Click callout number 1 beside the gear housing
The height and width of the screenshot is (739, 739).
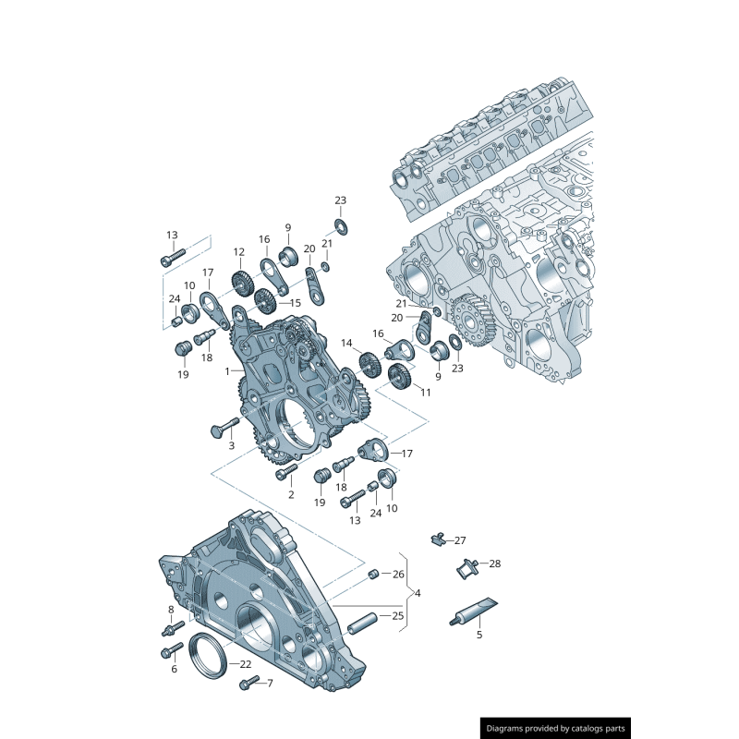click(x=226, y=371)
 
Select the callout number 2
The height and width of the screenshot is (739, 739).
click(x=290, y=495)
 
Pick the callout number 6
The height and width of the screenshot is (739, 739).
click(x=173, y=669)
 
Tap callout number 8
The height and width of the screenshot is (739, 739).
click(x=171, y=610)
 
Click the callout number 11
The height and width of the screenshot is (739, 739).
click(x=425, y=393)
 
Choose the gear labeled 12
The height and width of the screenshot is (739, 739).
click(x=240, y=281)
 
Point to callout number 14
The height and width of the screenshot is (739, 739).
click(x=347, y=344)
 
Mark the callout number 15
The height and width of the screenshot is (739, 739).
click(x=296, y=302)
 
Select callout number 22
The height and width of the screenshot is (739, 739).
click(x=245, y=664)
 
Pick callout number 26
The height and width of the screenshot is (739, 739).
click(x=398, y=574)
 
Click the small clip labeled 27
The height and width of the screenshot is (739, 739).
click(x=439, y=539)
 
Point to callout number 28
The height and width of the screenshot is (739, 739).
click(x=494, y=563)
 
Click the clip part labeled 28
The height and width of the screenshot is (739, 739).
click(x=466, y=568)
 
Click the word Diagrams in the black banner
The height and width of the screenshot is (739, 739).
click(x=509, y=728)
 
